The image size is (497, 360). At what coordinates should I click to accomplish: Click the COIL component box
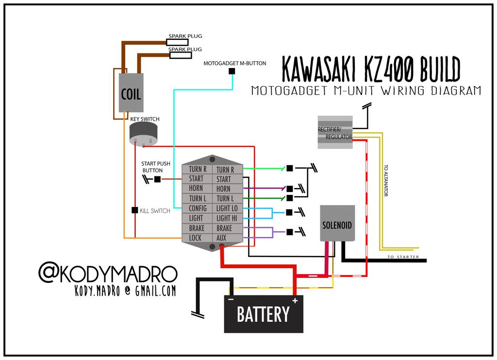[131, 93]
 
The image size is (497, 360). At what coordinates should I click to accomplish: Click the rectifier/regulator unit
[335, 132]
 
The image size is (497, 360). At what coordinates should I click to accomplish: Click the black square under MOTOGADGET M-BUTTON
[232, 71]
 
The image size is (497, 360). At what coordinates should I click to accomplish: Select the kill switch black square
[135, 210]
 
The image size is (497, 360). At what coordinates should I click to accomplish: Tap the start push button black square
[157, 179]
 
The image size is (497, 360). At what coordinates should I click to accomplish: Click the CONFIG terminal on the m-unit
[198, 208]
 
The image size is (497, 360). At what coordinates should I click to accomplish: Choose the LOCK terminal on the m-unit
[196, 238]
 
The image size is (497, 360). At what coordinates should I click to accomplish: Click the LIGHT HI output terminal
[227, 218]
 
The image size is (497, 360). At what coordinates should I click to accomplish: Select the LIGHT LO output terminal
[227, 208]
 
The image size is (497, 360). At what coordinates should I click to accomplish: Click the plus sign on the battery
[295, 301]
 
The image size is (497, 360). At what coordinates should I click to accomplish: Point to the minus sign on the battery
[231, 300]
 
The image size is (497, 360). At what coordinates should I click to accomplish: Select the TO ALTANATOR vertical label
[386, 180]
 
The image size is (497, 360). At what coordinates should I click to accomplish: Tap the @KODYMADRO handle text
[108, 274]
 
